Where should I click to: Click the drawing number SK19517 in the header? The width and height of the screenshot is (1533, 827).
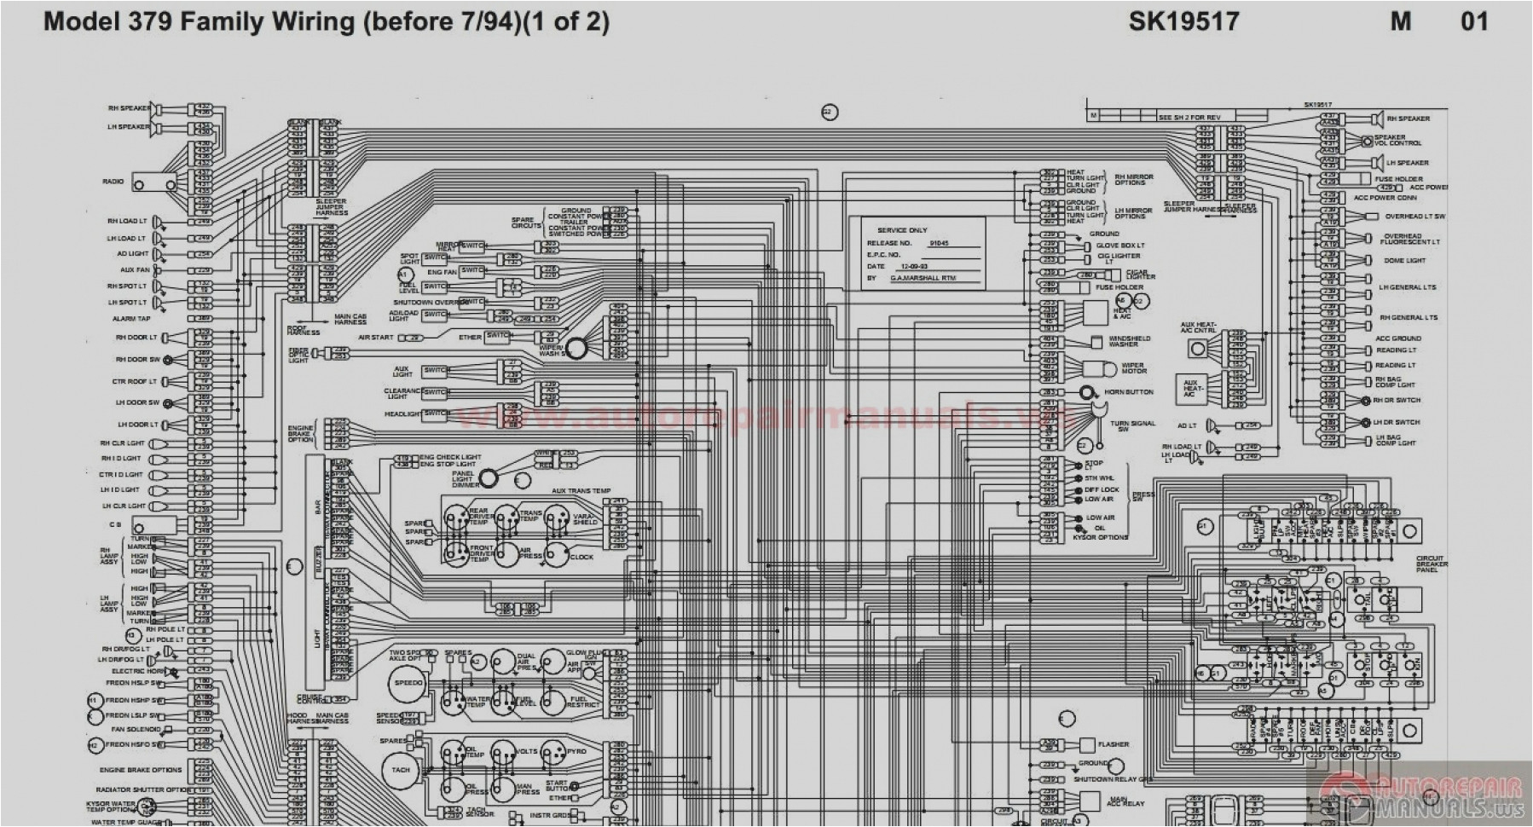pyautogui.click(x=1183, y=21)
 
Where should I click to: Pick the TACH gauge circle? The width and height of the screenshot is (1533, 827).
pyautogui.click(x=401, y=769)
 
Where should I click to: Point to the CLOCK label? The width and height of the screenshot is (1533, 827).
pyautogui.click(x=581, y=557)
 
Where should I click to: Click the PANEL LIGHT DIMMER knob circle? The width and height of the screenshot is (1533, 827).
pyautogui.click(x=489, y=478)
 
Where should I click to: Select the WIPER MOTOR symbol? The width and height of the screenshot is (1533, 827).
pyautogui.click(x=1099, y=369)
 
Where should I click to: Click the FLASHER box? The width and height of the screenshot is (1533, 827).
pyautogui.click(x=1088, y=745)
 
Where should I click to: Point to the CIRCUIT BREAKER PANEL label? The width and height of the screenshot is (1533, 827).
pyautogui.click(x=1429, y=564)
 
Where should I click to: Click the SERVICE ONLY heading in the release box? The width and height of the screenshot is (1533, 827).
pyautogui.click(x=902, y=230)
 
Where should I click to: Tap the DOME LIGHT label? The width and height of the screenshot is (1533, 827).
pyautogui.click(x=1403, y=261)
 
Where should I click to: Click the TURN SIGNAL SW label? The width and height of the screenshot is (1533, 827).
pyautogui.click(x=1132, y=426)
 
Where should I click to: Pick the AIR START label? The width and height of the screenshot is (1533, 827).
pyautogui.click(x=375, y=338)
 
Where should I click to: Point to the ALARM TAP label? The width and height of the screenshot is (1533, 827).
pyautogui.click(x=130, y=319)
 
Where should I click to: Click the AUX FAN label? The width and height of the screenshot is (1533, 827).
pyautogui.click(x=135, y=270)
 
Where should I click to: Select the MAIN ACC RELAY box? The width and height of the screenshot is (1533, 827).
pyautogui.click(x=1090, y=801)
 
